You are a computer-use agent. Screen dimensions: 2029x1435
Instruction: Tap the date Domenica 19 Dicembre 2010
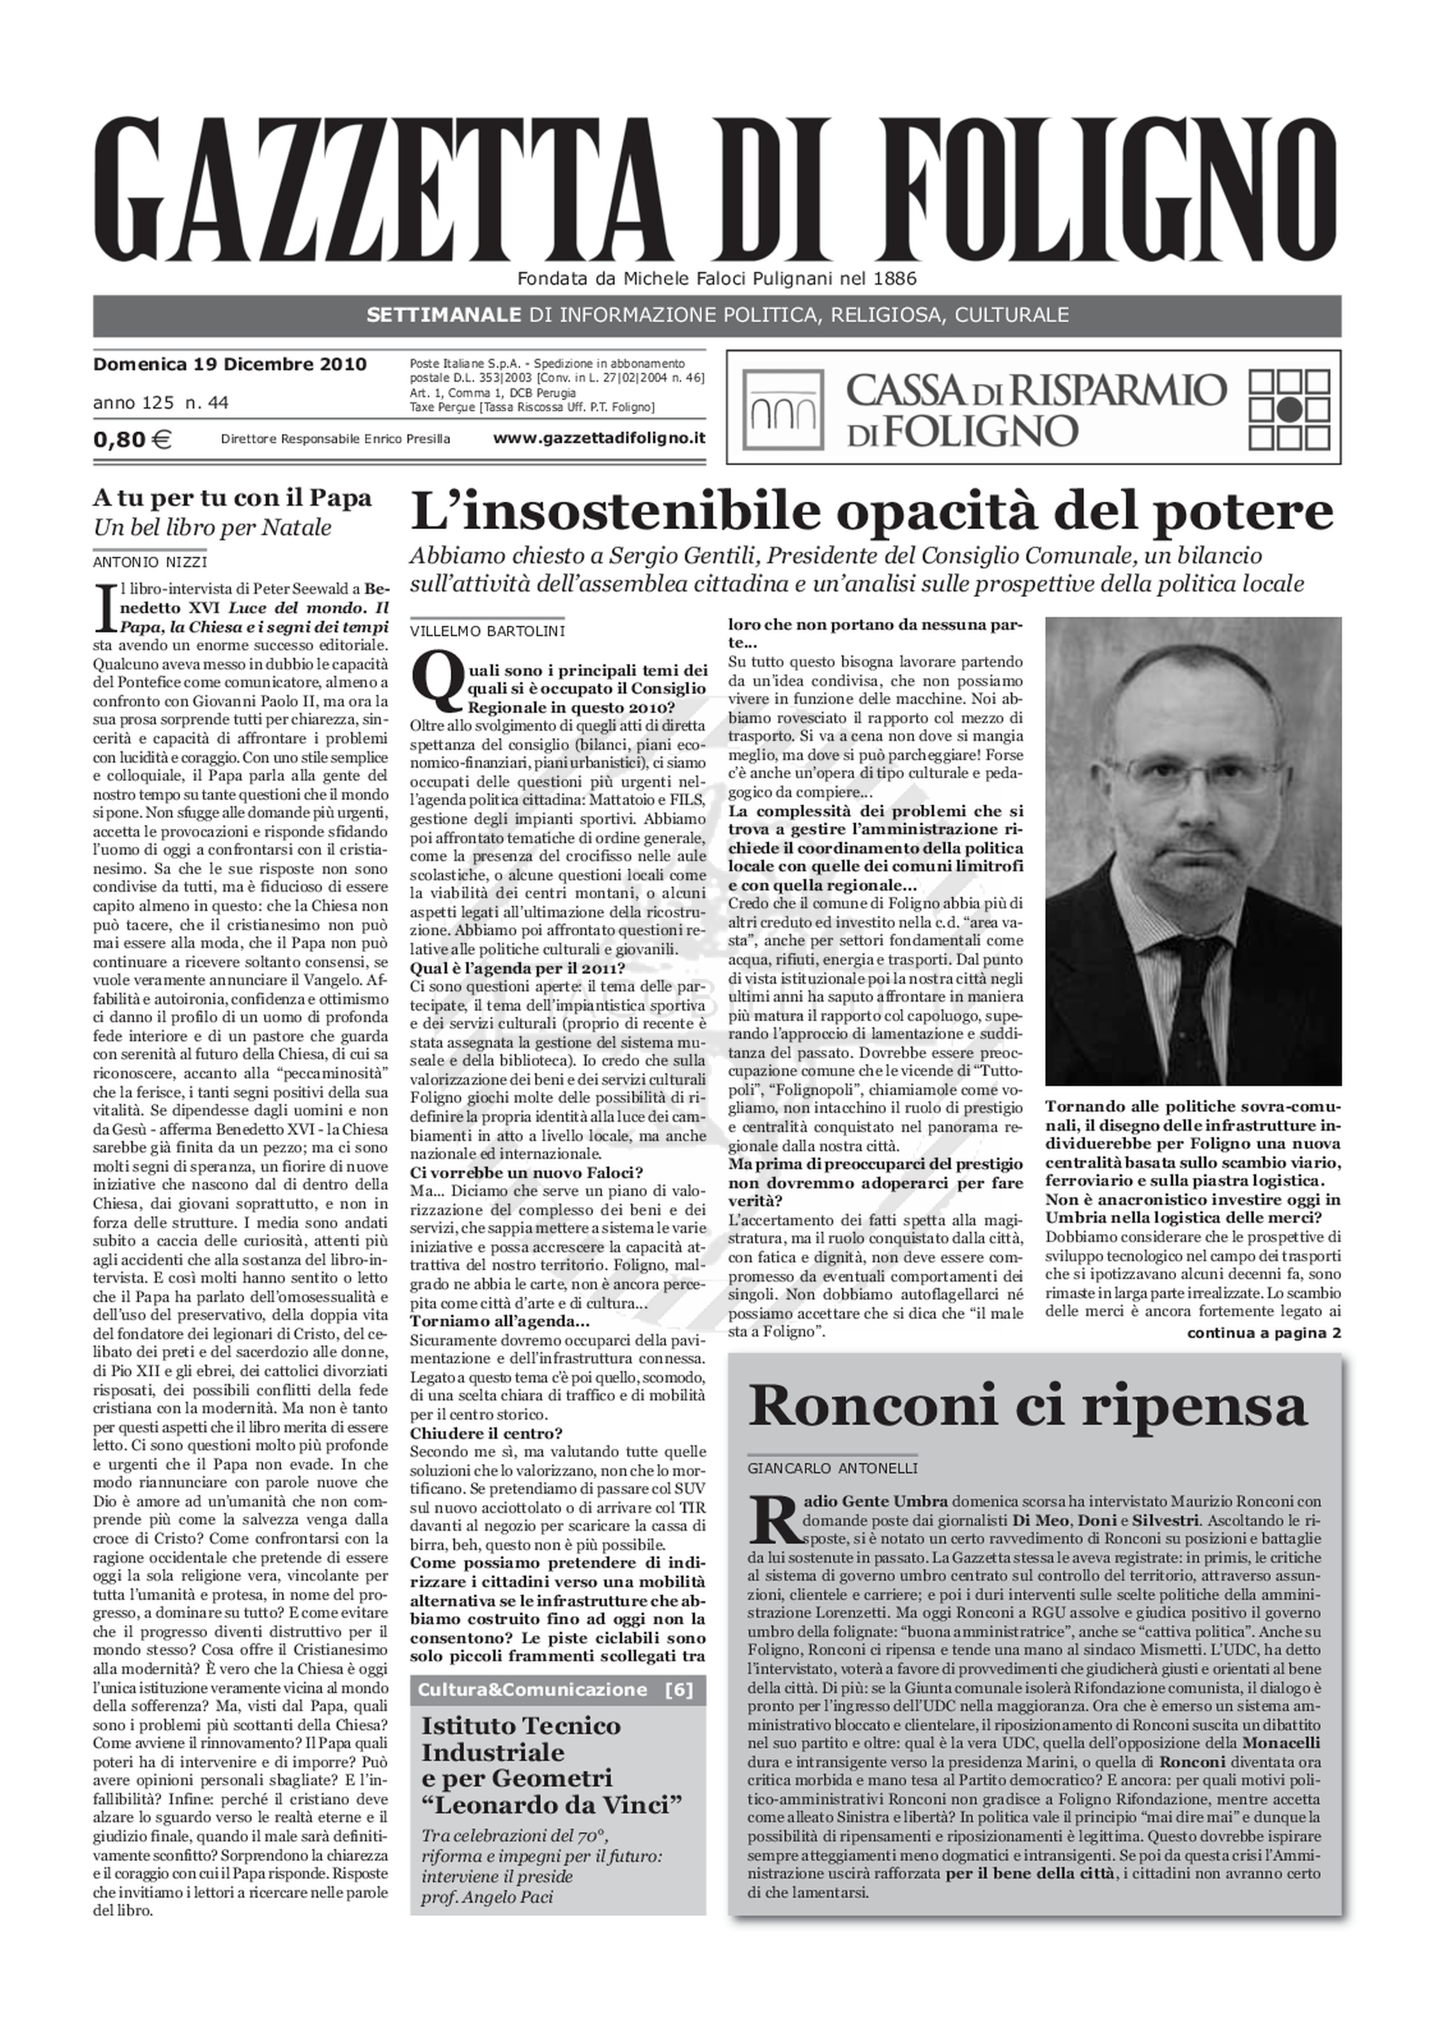230,364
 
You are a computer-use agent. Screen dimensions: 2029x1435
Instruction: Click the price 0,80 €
133,439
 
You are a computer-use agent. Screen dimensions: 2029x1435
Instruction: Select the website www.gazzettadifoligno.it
599,437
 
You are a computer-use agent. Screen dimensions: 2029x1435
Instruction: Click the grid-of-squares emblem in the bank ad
1290,408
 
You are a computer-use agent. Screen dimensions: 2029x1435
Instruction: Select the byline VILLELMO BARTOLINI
487,631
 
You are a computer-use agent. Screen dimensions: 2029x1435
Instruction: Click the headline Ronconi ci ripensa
1027,1406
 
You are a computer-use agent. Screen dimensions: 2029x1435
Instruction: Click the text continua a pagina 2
1263,1333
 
